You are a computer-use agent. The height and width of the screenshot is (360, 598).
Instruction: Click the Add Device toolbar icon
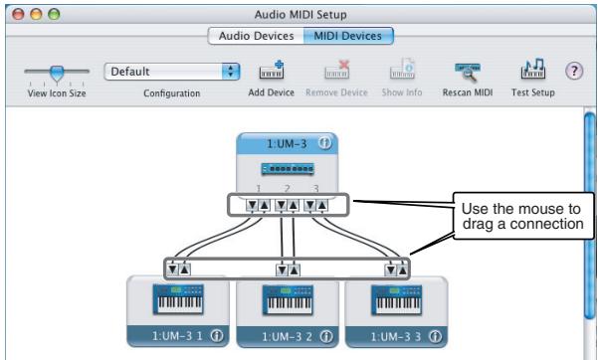[x=272, y=72]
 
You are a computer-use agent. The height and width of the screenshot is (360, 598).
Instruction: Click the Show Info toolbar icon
[x=395, y=72]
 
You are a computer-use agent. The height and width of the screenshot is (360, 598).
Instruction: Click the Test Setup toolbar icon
[x=533, y=72]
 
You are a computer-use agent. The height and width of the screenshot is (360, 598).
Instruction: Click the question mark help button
[x=573, y=73]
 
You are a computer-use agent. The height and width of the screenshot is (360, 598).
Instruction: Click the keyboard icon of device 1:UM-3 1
[x=176, y=300]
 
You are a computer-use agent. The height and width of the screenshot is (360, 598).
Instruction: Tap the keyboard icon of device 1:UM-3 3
[x=395, y=300]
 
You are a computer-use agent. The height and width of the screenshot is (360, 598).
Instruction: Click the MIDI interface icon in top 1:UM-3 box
[x=286, y=169]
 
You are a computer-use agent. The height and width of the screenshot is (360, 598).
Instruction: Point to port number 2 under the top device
[x=286, y=188]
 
